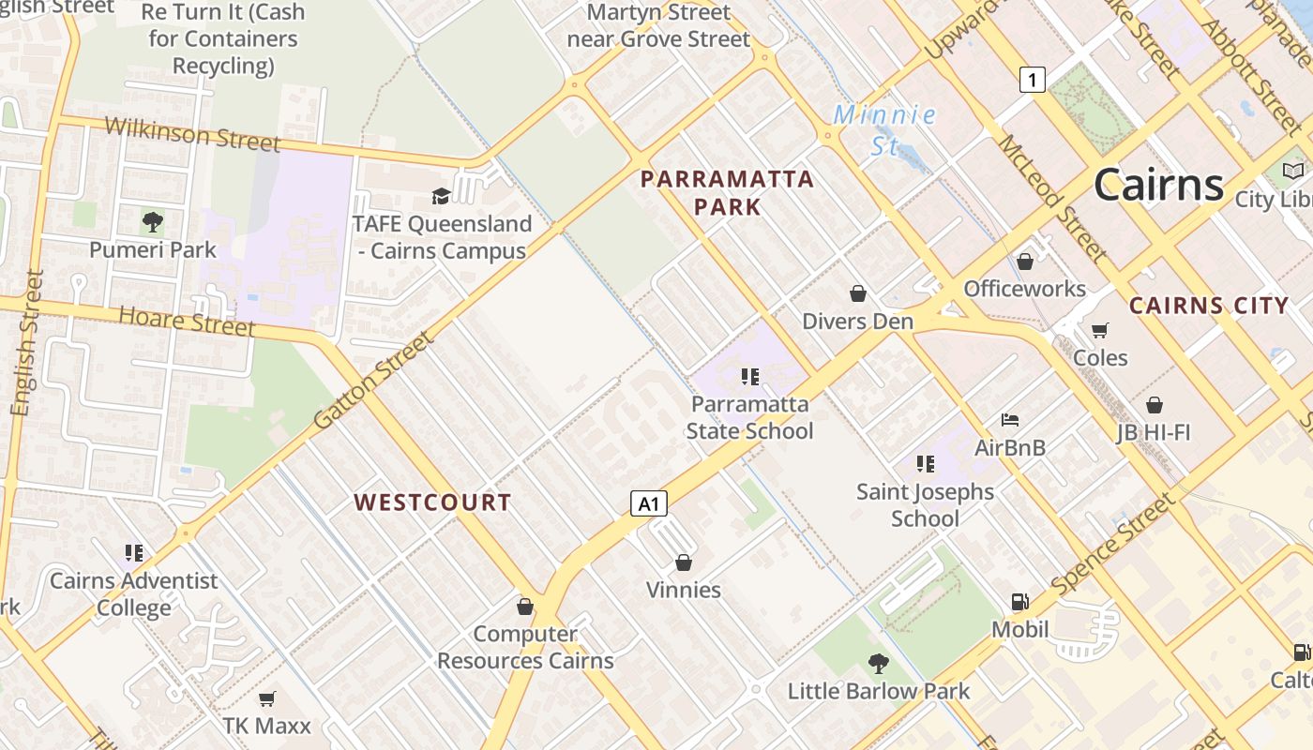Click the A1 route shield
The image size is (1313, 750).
point(648,504)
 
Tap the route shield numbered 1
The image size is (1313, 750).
point(1032,81)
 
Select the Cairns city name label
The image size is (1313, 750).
point(1158,184)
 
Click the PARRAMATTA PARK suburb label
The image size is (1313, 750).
point(727,192)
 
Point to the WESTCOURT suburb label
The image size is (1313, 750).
point(432,502)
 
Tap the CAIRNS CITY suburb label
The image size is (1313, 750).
point(1209,306)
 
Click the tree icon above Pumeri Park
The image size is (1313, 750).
point(152,222)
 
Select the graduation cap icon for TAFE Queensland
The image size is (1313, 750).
point(440,196)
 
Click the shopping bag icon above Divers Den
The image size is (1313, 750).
point(857,294)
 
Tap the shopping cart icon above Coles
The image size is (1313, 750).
point(1099,330)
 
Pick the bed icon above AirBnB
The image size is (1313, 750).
point(1010,419)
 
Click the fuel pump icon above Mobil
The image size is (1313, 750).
point(1019,602)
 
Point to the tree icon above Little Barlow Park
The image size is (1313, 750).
point(878,664)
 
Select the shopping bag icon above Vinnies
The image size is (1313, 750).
point(684,562)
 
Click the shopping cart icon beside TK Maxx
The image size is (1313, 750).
point(266,698)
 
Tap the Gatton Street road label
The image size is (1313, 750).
point(373,380)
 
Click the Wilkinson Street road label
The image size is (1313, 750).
point(192,133)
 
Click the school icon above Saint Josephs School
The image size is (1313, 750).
point(926,464)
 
